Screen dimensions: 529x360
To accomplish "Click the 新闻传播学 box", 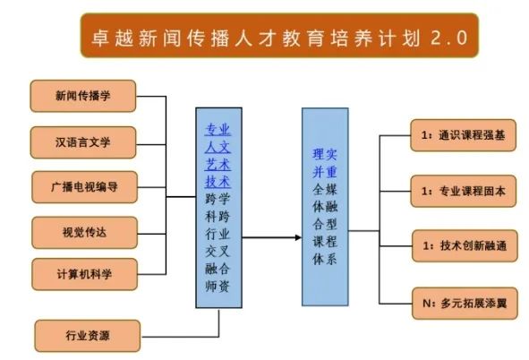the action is coord(83,96).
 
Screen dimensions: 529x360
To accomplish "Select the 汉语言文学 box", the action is coord(83,142).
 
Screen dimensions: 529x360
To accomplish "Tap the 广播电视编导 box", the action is coord(84,187).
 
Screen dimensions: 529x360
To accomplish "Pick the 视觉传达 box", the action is coord(84,233).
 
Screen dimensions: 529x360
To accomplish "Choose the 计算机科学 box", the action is coord(84,274).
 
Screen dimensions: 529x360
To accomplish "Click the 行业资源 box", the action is coord(88,336).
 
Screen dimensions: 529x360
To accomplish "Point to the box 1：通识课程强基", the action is coord(464,135).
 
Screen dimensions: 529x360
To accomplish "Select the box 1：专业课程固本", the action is coord(464,191).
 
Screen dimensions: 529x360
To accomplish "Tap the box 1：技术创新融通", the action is coord(465,245).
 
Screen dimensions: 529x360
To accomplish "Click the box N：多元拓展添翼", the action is coord(465,303).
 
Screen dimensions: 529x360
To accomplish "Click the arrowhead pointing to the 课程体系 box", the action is coord(298,237).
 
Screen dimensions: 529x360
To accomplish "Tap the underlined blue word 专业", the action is coord(218,129).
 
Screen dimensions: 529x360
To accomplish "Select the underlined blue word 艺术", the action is coord(218,164).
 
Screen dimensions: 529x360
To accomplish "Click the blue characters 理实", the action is coord(325,155).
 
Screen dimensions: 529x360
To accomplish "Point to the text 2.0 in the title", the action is coord(449,38).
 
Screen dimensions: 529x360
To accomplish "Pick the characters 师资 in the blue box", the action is coord(218,287).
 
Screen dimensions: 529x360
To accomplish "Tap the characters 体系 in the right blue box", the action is coord(325,259).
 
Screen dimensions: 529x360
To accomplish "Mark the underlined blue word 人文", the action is coord(218,147).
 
